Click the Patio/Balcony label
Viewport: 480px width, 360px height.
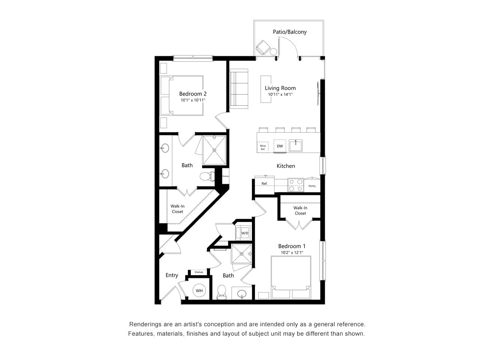click(289, 32)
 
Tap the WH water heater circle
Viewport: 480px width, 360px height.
click(199, 291)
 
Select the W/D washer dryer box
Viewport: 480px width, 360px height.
click(244, 233)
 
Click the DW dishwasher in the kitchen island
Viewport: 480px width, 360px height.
click(280, 146)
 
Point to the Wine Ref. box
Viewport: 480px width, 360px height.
click(262, 147)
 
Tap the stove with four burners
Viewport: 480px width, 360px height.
click(295, 185)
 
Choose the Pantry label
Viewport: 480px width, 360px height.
click(312, 186)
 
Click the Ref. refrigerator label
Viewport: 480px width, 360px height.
click(264, 184)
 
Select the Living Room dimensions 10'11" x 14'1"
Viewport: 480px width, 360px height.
click(280, 94)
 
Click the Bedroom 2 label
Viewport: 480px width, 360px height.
click(193, 94)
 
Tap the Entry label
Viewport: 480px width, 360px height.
click(172, 275)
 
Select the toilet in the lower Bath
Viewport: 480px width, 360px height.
click(222, 291)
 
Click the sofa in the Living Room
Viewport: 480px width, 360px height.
click(239, 89)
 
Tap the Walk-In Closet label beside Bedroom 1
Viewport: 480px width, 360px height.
click(300, 210)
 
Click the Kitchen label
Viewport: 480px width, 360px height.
click(286, 166)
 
